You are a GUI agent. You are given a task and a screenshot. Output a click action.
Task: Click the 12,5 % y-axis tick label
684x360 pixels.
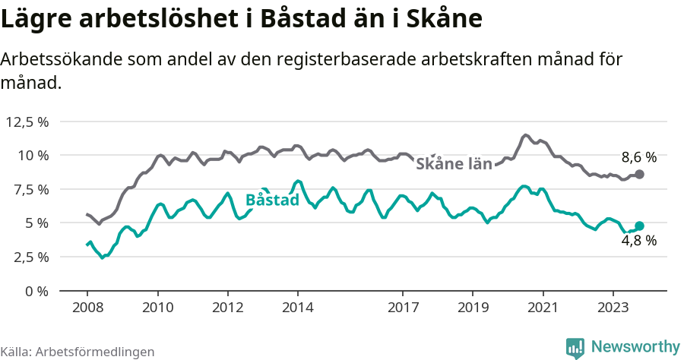(27, 122)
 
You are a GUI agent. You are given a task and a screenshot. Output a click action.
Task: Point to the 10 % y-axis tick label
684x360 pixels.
(33, 156)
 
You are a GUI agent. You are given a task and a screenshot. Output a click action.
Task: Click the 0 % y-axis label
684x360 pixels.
(36, 291)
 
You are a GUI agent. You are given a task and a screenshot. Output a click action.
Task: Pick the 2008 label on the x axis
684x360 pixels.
(87, 308)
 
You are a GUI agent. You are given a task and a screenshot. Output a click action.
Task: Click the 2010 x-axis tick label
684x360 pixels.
(157, 308)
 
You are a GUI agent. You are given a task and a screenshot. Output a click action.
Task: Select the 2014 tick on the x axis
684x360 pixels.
(297, 308)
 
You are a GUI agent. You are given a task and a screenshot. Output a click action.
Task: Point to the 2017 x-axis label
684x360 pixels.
(403, 308)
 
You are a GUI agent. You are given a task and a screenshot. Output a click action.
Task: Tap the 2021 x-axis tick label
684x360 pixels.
(543, 308)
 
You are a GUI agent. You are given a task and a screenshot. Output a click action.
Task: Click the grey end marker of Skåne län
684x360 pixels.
(639, 175)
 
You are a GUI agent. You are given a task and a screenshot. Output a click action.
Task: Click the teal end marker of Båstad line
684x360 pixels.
(639, 226)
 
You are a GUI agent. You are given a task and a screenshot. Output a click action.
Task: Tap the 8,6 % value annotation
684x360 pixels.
(638, 158)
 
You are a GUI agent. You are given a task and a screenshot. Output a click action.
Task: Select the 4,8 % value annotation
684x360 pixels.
(638, 241)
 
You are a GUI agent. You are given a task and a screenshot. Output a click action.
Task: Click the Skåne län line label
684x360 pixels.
(454, 163)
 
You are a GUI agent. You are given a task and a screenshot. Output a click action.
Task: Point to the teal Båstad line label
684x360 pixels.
(272, 201)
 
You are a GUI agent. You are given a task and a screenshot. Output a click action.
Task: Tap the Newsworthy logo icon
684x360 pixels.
(575, 347)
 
